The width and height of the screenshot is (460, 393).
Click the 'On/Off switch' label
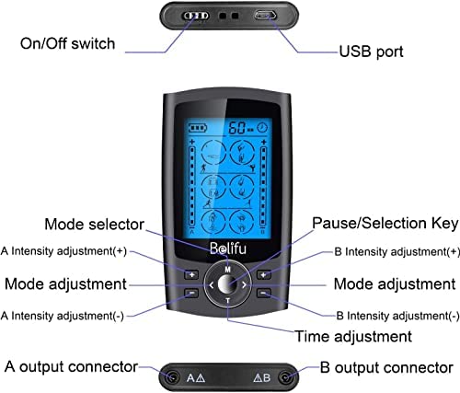click(x=67, y=43)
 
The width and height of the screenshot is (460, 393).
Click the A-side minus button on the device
click(x=191, y=295)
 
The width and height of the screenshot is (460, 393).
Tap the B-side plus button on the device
click(x=264, y=274)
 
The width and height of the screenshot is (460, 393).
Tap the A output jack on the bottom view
click(x=170, y=376)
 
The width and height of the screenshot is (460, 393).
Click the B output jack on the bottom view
click(x=286, y=376)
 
